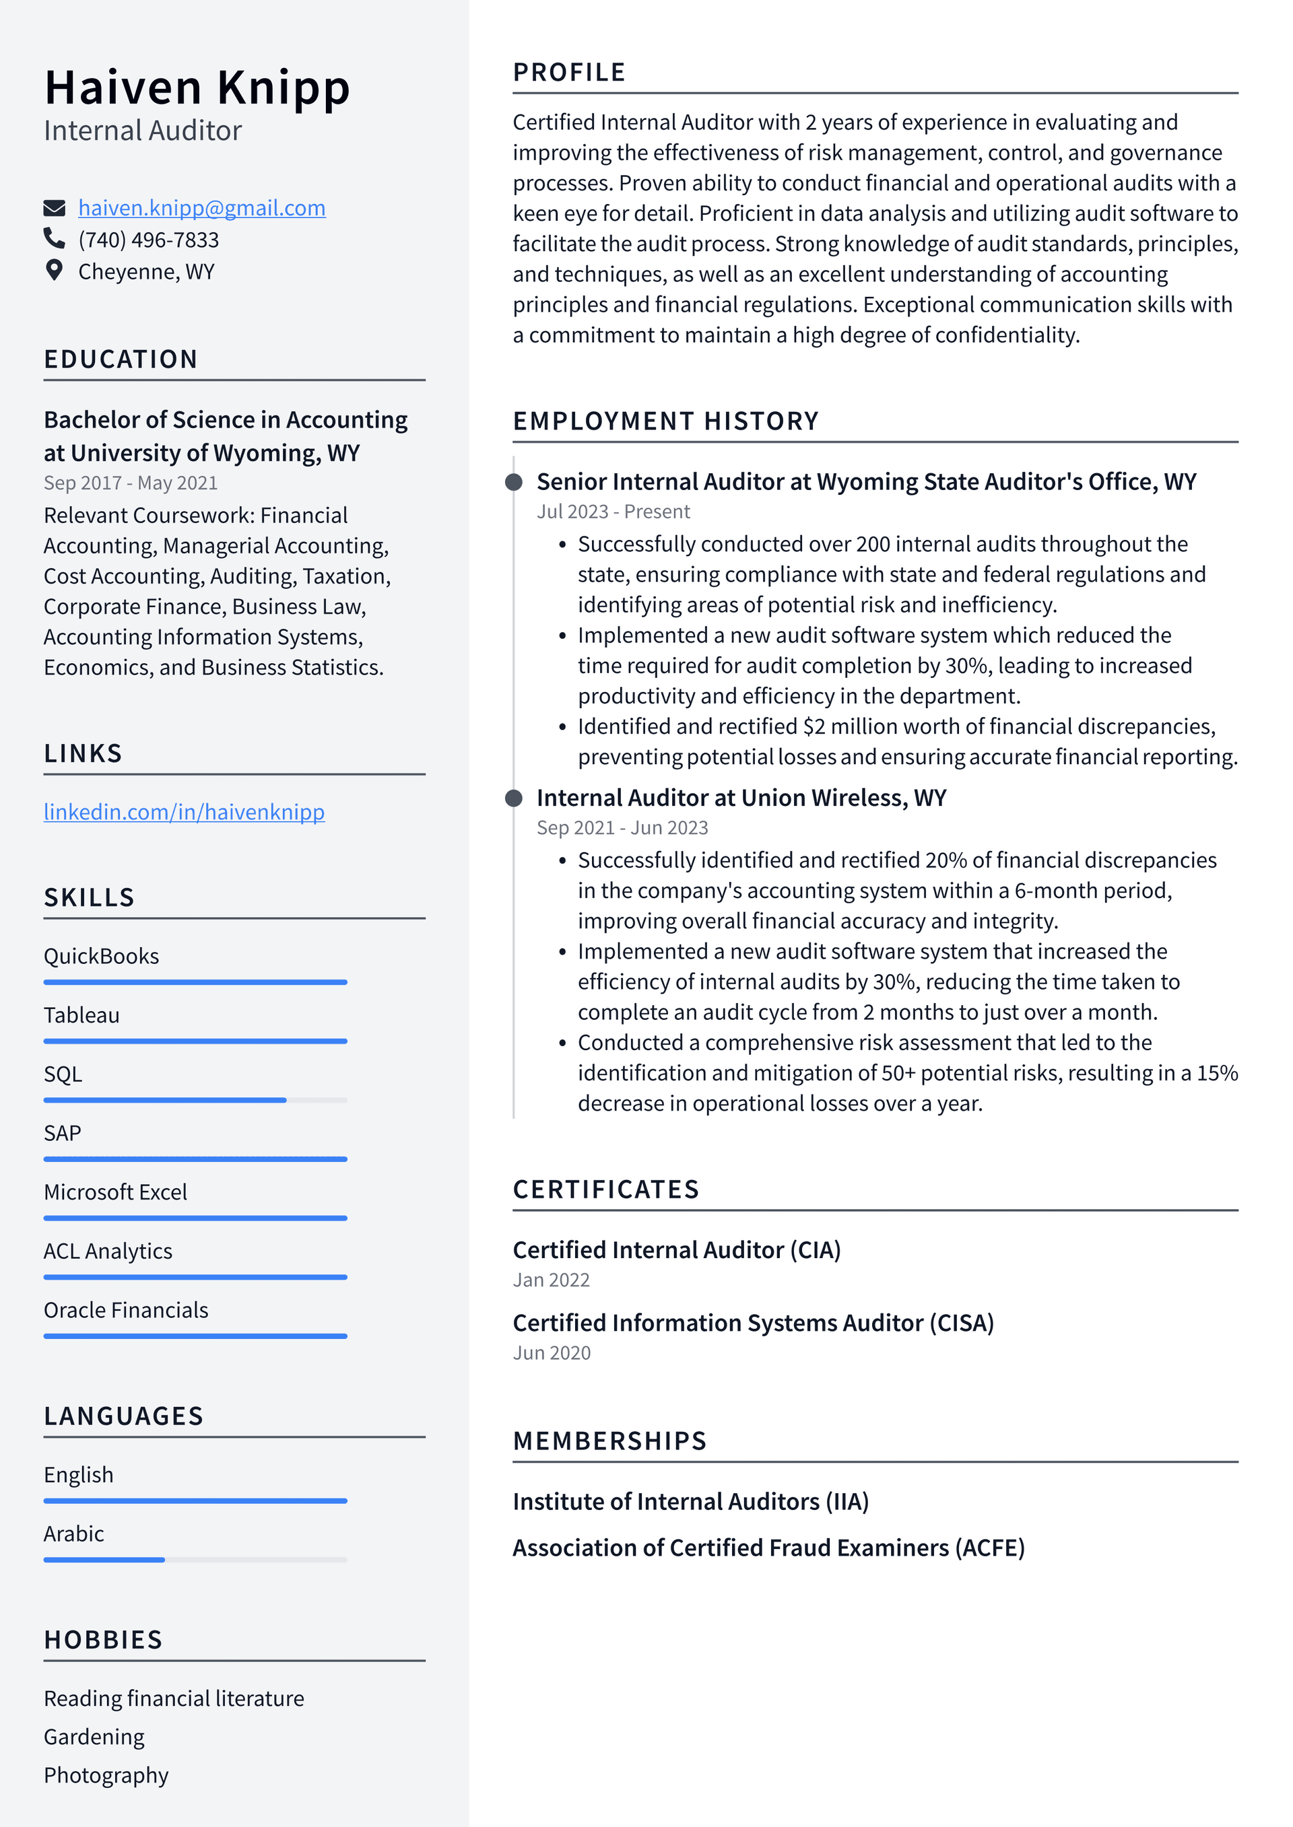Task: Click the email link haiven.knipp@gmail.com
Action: coord(201,208)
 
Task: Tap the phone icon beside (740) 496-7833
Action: coord(53,239)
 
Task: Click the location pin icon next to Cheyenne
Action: coord(53,271)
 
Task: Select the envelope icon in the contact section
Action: coord(53,209)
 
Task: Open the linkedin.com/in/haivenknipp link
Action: coord(184,812)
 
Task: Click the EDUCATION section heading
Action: coord(121,359)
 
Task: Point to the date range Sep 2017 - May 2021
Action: coord(131,483)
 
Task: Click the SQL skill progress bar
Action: coord(195,1100)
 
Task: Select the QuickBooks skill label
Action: coord(101,956)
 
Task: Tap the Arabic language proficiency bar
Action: coord(195,1560)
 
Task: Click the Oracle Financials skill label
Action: coord(126,1310)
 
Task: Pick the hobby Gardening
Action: coord(94,1737)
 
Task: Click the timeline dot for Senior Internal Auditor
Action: coord(515,482)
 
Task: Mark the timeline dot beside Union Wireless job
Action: coord(515,798)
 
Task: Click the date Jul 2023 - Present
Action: coord(613,512)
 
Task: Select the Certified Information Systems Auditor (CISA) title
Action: coord(753,1323)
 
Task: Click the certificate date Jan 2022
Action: coord(551,1280)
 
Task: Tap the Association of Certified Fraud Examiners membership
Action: coord(768,1548)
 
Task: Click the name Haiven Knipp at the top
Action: coord(197,88)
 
